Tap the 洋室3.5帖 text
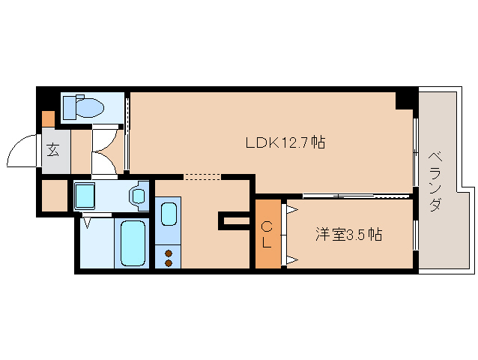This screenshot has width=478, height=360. tap(348, 235)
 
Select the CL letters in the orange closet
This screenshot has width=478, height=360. tap(267, 234)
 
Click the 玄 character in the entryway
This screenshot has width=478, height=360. tap(54, 148)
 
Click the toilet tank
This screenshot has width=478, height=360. tap(69, 106)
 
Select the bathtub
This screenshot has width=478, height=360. tap(133, 242)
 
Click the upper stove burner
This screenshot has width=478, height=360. tap(169, 252)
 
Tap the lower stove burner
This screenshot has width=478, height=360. tap(169, 262)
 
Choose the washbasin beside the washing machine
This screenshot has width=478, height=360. tap(139, 195)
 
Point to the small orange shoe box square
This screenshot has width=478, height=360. tap(48, 118)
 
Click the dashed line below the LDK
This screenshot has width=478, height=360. tap(202, 178)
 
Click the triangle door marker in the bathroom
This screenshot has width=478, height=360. tap(88, 223)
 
